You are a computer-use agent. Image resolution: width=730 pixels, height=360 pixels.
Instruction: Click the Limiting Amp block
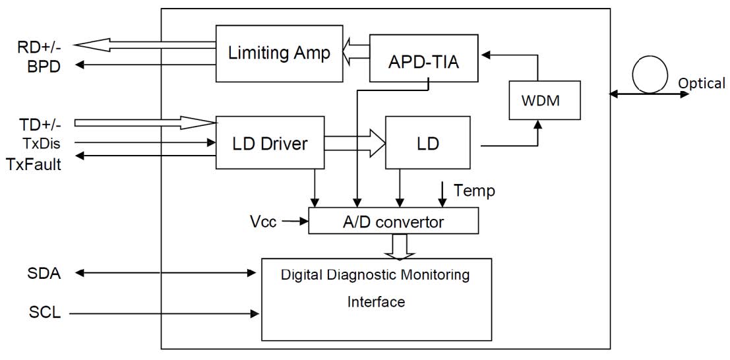point(279,53)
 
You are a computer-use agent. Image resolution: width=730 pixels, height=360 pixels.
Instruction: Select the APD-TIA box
point(424,63)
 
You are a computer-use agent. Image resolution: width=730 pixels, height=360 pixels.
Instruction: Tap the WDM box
point(545,100)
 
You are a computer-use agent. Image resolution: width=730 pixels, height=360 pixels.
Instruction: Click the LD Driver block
point(270,142)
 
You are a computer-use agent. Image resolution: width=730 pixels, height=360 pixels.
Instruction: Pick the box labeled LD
point(427,142)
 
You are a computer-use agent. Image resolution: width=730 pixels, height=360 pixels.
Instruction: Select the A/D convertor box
point(394,222)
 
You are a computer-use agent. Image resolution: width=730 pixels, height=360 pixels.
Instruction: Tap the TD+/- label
point(38,123)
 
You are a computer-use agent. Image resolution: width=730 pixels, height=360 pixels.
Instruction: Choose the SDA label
point(46,273)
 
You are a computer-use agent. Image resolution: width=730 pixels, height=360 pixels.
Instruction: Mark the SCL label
point(45,312)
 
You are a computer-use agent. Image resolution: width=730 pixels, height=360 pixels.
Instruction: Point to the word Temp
point(474,191)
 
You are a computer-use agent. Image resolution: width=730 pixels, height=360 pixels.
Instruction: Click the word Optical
point(702,84)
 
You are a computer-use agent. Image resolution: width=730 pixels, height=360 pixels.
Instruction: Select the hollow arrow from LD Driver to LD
point(354,143)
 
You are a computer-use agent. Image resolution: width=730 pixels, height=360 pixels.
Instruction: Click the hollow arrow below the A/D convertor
point(402,246)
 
